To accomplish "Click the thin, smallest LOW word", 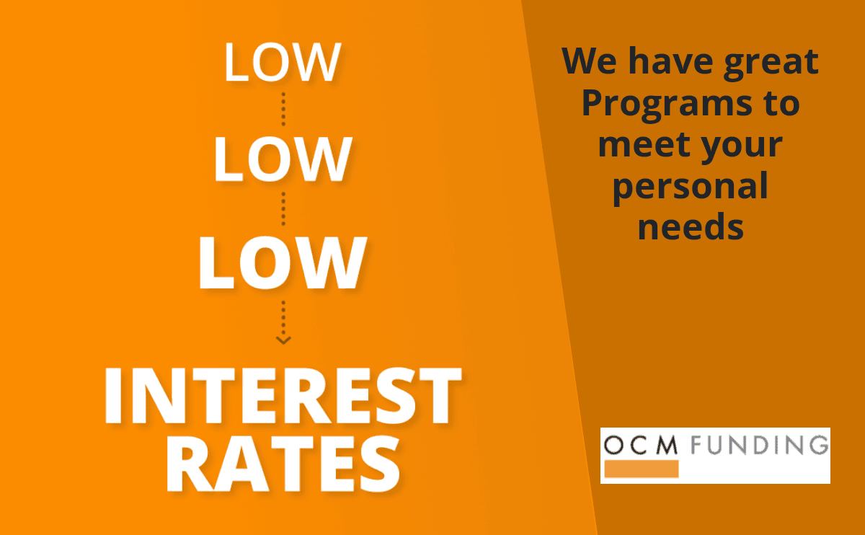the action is tap(283, 62).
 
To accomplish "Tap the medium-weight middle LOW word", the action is tap(283, 159).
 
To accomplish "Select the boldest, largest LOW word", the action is tap(283, 262).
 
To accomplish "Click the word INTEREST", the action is tap(283, 396).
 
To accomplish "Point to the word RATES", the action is tap(283, 464).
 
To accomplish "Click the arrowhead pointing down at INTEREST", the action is tap(283, 340).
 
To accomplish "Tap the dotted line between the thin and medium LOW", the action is tap(283, 110).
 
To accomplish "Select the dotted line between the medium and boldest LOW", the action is tap(283, 209).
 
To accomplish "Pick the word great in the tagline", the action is tap(771, 63).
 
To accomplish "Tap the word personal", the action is tap(690, 188).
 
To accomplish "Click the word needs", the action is tap(691, 228).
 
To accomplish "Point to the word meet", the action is tap(644, 145).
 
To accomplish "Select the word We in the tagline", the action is tap(590, 61).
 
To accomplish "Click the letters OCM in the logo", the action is tap(641, 445).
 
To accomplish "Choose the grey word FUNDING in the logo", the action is tap(760, 445).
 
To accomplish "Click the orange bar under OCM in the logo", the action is tap(642, 469).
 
